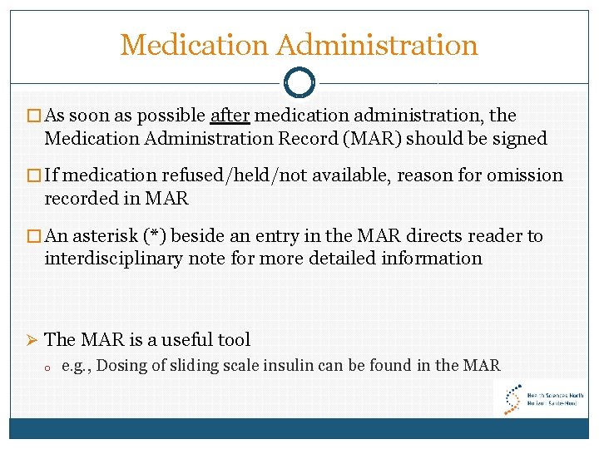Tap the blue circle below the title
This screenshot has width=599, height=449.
(x=299, y=81)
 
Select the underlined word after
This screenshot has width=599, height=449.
(x=230, y=116)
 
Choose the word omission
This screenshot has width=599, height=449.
(x=524, y=175)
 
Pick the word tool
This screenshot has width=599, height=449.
(x=234, y=339)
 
